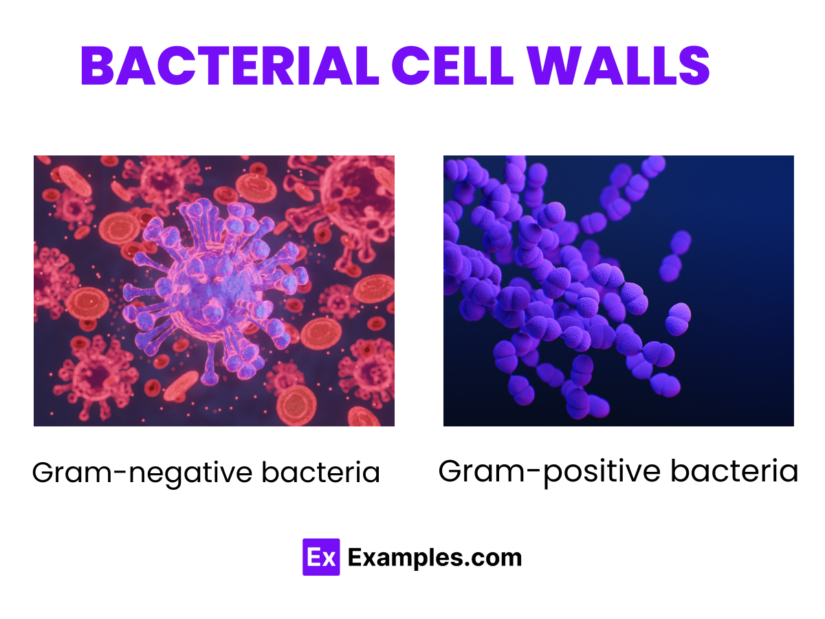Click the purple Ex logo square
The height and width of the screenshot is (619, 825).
[x=321, y=557]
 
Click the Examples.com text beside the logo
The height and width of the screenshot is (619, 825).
[x=434, y=557]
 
